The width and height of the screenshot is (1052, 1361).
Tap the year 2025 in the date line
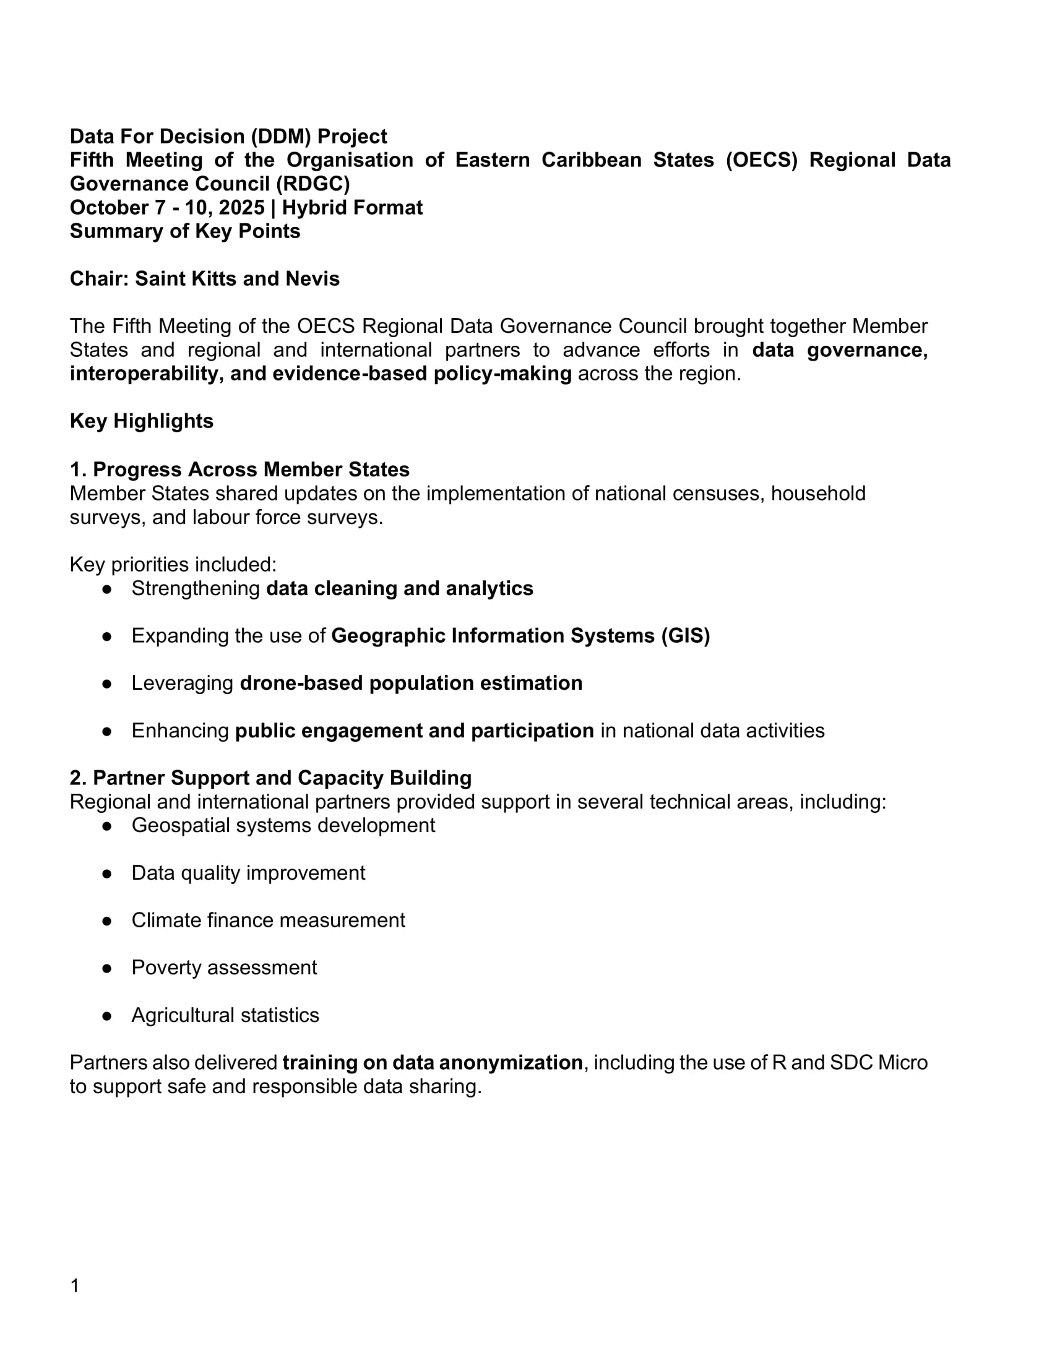(241, 207)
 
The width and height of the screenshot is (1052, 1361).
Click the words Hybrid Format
(352, 207)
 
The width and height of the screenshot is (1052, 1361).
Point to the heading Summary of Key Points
(185, 231)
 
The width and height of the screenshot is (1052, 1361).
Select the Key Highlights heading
(142, 421)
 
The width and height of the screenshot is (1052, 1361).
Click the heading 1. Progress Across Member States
(239, 470)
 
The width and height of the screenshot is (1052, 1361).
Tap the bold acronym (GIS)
(686, 635)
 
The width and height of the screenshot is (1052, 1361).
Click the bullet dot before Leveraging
(107, 684)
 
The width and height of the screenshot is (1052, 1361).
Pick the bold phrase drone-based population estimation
(411, 683)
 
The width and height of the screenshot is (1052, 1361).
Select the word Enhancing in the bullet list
(180, 731)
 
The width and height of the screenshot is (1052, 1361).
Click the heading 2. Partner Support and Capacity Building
(270, 778)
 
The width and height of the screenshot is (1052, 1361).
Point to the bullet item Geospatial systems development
(283, 825)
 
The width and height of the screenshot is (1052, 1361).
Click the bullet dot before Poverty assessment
(107, 968)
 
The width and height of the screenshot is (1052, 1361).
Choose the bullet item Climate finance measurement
(268, 921)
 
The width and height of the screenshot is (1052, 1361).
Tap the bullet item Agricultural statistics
(225, 1015)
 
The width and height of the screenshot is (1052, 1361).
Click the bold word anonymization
(511, 1062)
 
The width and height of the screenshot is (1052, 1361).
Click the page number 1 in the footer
(75, 1286)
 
